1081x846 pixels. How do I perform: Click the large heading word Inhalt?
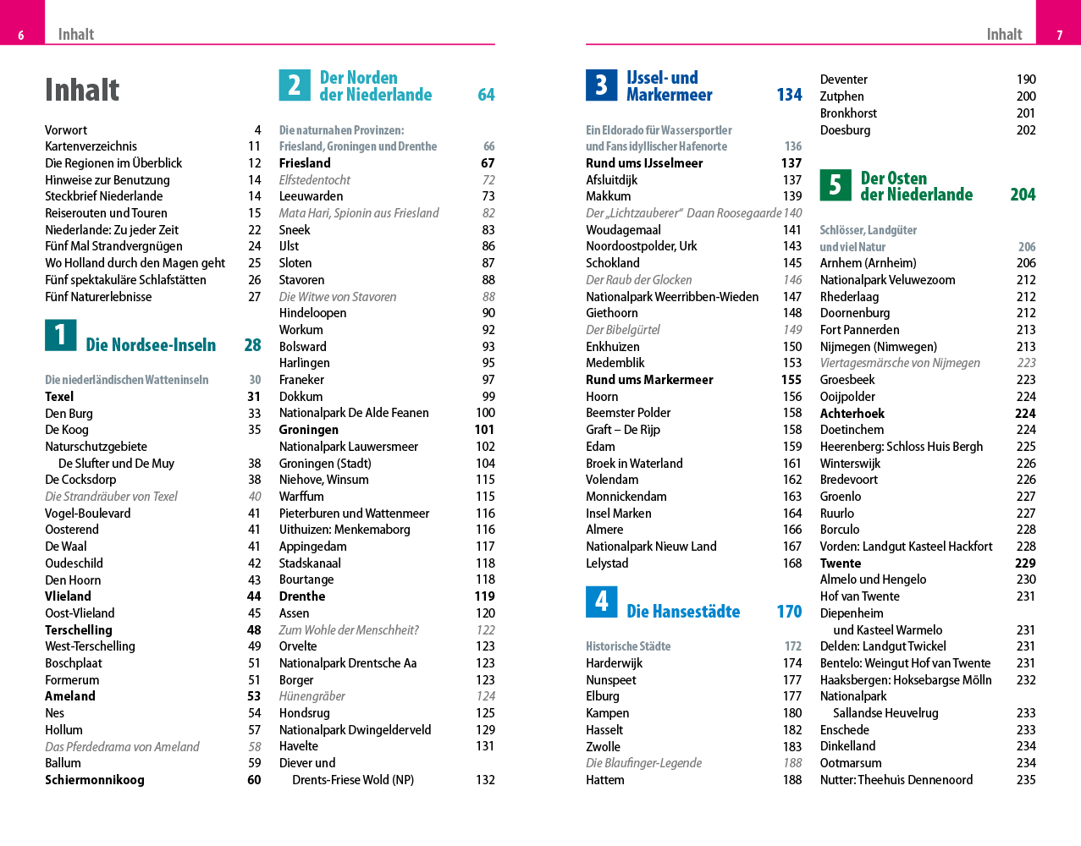82,90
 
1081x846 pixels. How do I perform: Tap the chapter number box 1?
60,335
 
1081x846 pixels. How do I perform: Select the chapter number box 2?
295,85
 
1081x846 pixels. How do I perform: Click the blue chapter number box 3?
601,85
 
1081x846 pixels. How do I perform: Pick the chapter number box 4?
601,602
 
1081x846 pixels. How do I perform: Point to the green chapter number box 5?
836,184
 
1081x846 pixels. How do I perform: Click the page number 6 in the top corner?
21,36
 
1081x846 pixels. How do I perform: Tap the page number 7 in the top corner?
1059,36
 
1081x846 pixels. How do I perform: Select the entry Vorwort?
66,130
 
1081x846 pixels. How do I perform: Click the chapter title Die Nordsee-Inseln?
151,345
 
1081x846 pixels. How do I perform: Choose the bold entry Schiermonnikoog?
94,780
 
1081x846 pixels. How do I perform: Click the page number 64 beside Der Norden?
486,95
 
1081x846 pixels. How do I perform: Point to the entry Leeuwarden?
311,196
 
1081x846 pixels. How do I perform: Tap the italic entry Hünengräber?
312,696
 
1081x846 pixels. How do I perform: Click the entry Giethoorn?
611,313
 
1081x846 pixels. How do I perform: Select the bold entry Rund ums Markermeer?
649,380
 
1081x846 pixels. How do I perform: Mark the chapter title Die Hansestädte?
683,611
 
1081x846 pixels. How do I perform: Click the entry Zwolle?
603,747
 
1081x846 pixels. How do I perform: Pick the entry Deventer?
843,80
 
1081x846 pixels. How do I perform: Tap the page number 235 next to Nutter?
1026,780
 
